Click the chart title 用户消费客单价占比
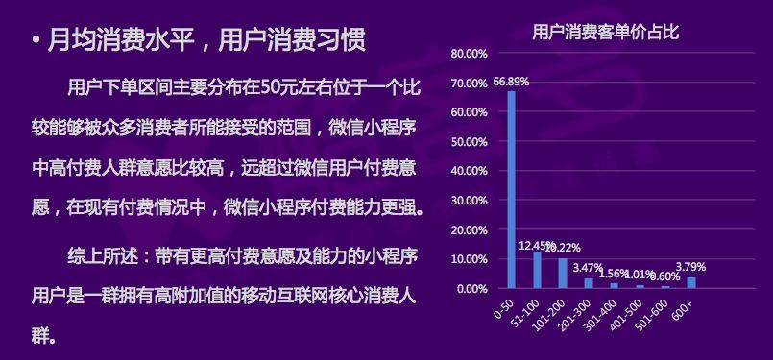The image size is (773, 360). pos(605,33)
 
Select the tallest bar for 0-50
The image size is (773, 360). pos(511,189)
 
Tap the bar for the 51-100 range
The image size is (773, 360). pos(537,270)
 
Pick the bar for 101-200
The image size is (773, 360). pos(563,274)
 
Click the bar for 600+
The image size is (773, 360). pos(691,282)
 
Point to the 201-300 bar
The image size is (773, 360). pos(588,283)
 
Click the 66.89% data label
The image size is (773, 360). pos(511,82)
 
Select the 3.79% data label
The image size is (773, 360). pos(691,267)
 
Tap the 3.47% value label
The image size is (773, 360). pos(587,269)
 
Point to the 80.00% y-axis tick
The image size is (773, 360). pos(469,54)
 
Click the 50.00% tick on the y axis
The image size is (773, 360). pos(469,142)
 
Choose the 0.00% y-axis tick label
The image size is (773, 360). pos(471,289)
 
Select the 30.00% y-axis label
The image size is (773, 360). pos(469,201)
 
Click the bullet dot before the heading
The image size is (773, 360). pos(36,41)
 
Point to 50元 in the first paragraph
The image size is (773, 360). pos(271,88)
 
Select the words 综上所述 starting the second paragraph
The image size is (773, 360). pos(102,256)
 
